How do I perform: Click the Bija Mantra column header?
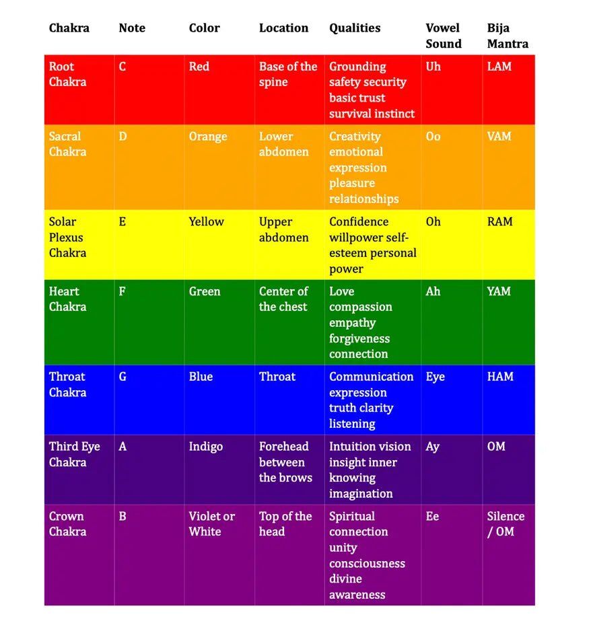pos(508,36)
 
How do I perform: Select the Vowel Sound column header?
pos(443,36)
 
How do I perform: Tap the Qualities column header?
pos(355,28)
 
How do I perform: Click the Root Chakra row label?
pos(67,74)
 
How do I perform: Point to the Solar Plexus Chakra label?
pos(67,237)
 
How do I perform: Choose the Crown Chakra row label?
pos(67,524)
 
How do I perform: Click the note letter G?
pos(123,377)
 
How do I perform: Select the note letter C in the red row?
pos(123,67)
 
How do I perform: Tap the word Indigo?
pos(205,447)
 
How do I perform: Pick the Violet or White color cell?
pos(211,524)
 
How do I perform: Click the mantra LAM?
pos(499,67)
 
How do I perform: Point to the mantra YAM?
pos(499,291)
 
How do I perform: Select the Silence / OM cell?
pos(505,524)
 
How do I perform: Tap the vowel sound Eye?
pos(435,377)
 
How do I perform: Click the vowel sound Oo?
pos(433,137)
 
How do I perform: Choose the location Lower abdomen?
pos(283,144)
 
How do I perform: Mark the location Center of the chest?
pos(283,299)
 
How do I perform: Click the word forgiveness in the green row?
pos(359,338)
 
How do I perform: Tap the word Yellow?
pos(206,222)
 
